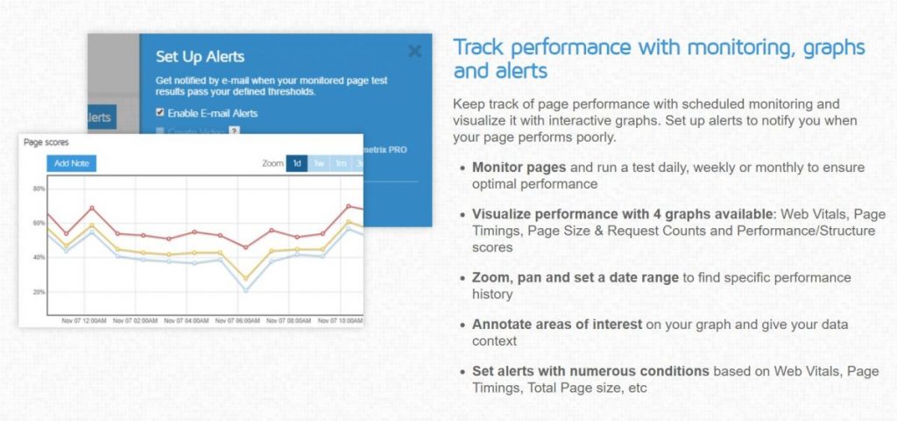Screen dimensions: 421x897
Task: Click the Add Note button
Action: point(71,163)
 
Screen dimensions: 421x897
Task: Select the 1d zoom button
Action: point(297,163)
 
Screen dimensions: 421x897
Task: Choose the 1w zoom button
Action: point(320,163)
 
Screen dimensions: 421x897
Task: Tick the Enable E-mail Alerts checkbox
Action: point(159,113)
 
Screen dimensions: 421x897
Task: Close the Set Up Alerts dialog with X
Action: point(415,51)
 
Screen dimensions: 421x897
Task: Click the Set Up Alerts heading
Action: point(200,57)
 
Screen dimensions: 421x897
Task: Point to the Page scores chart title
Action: point(46,142)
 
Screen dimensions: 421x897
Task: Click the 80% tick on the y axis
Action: point(39,189)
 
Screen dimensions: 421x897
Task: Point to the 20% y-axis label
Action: point(39,292)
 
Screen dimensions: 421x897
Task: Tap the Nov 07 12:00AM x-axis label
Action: point(83,321)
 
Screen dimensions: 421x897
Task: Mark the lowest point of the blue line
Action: point(246,290)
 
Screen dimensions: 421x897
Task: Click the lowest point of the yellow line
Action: point(246,279)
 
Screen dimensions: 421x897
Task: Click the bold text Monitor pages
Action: point(520,167)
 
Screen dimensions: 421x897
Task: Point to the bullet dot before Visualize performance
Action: point(463,214)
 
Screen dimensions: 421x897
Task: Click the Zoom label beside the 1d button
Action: point(273,163)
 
